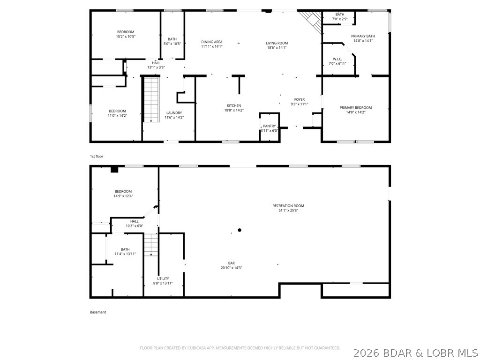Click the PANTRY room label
tap(270, 126)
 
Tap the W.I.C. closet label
tap(337, 59)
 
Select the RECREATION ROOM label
tap(288, 206)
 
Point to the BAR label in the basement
tap(232, 263)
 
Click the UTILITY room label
tap(163, 278)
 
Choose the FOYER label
tap(300, 99)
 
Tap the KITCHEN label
tap(234, 105)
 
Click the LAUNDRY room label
tap(174, 112)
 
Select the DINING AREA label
tap(212, 42)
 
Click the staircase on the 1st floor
tap(151, 99)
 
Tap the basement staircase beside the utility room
tap(151, 244)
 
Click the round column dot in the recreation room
tap(240, 230)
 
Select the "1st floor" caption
tap(97, 156)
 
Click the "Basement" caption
tap(98, 312)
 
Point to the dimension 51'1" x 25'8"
tap(288, 211)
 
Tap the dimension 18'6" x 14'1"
tap(277, 47)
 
